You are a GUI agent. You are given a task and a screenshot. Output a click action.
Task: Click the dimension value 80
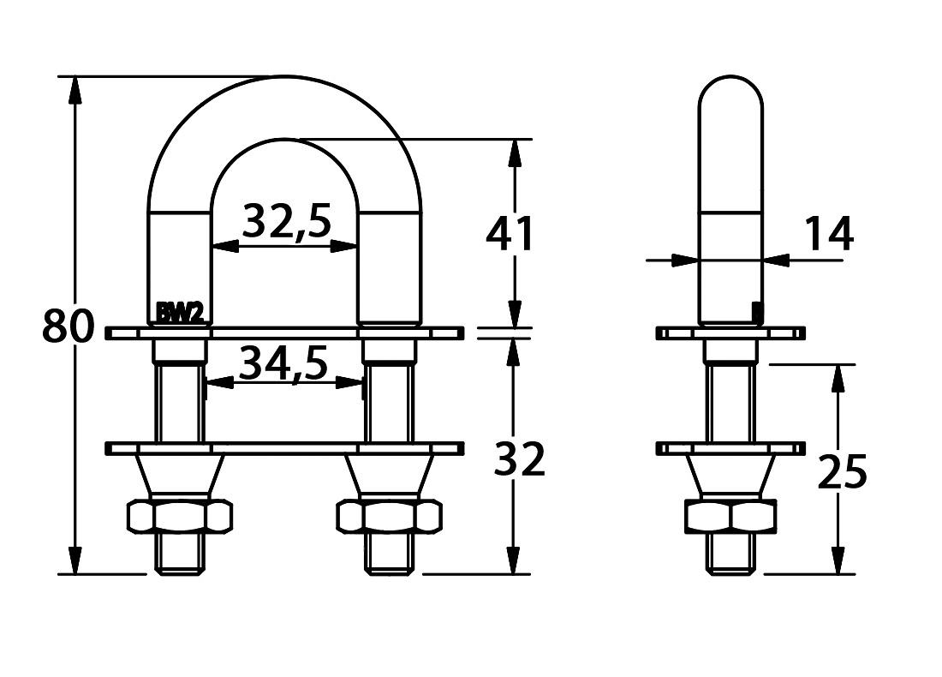(69, 326)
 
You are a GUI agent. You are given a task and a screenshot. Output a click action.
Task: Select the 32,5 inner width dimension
(287, 221)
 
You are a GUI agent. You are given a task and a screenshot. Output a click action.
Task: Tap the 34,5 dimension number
(283, 363)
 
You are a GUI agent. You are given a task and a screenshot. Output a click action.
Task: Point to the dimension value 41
(510, 234)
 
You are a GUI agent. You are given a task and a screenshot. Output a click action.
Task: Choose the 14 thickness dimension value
(828, 234)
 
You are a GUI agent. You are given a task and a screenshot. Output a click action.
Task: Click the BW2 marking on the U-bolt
(180, 313)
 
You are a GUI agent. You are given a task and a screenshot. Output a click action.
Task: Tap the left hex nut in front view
(180, 516)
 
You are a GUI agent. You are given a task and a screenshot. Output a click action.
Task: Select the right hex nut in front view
(390, 516)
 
